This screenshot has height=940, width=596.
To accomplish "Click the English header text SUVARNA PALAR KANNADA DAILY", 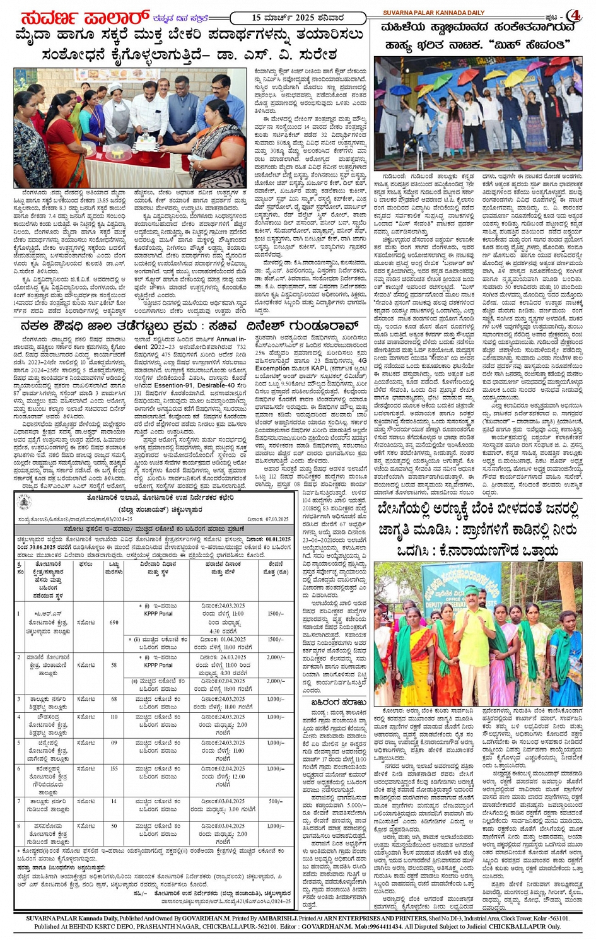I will click(x=435, y=13).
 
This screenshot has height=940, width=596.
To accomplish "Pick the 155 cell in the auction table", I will click(x=114, y=769).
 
